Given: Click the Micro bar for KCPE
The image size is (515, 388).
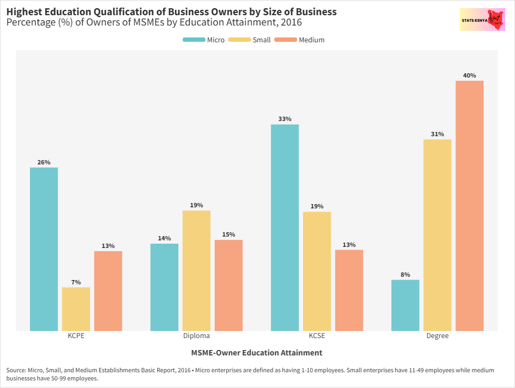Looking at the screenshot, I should click(44, 249).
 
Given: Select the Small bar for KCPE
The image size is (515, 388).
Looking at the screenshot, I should click(76, 309).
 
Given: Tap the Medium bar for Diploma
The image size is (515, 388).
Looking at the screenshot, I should click(229, 285).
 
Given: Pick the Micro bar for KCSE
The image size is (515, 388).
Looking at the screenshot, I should click(285, 227).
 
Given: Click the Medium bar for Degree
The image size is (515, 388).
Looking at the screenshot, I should click(469, 206).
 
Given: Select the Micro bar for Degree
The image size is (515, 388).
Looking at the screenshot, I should click(405, 305).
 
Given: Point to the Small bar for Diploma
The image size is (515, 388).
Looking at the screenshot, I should click(196, 270).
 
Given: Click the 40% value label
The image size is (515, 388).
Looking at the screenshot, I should click(469, 75).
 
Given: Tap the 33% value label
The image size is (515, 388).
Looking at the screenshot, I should click(285, 119).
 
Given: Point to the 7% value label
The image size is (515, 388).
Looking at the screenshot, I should click(76, 282).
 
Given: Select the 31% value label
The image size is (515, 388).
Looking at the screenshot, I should click(437, 134).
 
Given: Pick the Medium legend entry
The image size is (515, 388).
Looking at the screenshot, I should click(300, 40).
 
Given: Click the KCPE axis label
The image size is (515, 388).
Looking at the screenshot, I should click(76, 336).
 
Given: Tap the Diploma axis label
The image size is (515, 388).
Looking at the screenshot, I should click(196, 336).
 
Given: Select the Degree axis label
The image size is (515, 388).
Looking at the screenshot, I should click(437, 336).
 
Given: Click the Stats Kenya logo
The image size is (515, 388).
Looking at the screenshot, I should click(482, 20).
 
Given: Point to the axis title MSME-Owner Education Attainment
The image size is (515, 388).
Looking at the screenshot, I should click(256, 353).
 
